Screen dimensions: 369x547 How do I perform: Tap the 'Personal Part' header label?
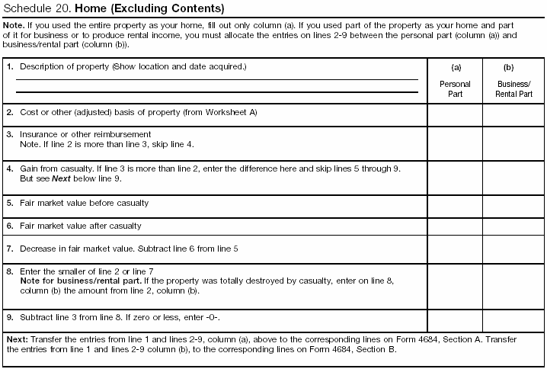coord(455,89)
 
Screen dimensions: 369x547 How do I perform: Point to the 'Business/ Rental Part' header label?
coord(514,89)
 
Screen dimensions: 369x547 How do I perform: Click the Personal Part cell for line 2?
coord(455,114)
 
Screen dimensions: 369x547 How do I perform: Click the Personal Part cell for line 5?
coord(455,204)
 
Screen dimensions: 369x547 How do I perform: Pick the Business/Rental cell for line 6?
coord(514,226)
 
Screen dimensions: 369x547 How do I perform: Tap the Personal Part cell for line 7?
coord(455,249)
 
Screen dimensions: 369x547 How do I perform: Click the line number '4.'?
coord(10,167)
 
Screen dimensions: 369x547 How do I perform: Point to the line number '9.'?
coord(10,316)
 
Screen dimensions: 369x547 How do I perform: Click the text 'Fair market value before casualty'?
coord(84,204)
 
